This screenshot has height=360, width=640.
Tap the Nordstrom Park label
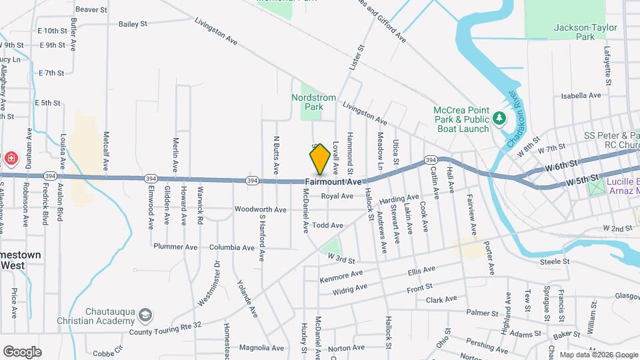(x=314, y=102)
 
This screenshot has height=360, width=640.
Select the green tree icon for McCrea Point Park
(x=499, y=119)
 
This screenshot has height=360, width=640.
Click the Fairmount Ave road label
(x=333, y=182)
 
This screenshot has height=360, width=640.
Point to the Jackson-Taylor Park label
(x=585, y=32)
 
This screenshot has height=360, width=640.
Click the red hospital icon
(x=11, y=159)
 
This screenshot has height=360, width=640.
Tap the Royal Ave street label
(x=337, y=196)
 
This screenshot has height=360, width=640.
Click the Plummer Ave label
(x=175, y=247)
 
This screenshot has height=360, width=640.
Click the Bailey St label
(x=133, y=24)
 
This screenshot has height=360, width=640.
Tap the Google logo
(x=22, y=351)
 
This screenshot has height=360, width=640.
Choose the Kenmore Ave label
(x=341, y=275)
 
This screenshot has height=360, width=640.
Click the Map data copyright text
(x=599, y=355)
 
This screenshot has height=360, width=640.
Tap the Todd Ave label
(x=327, y=226)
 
